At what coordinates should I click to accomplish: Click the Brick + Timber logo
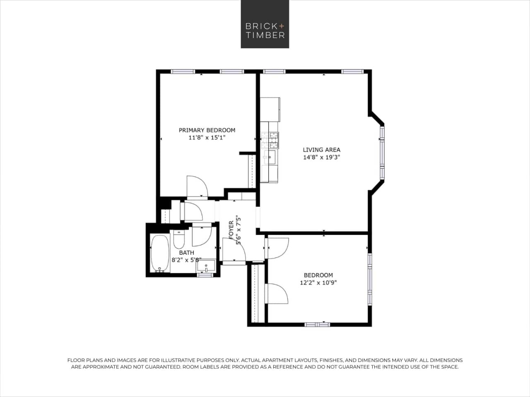(265, 24)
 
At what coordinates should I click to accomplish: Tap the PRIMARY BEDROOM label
(207, 130)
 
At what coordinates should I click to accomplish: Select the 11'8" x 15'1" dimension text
(207, 138)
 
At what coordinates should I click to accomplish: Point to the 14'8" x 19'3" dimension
(321, 157)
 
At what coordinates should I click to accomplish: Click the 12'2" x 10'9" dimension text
(318, 283)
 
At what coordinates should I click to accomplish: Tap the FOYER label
(231, 230)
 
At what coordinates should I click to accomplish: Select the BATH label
(186, 253)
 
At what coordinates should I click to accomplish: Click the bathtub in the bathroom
(160, 254)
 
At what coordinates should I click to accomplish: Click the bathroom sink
(206, 266)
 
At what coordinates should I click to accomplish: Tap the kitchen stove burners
(270, 140)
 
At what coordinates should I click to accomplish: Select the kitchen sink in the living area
(269, 157)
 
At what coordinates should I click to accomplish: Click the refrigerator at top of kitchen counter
(270, 109)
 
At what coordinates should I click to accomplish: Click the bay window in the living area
(382, 152)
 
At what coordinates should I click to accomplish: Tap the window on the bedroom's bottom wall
(317, 324)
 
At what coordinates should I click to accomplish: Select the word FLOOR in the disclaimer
(76, 360)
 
